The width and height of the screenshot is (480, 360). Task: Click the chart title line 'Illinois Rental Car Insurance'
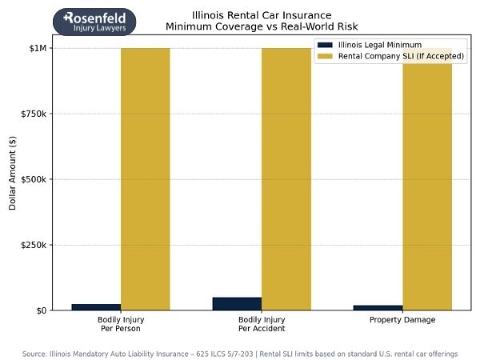(250, 15)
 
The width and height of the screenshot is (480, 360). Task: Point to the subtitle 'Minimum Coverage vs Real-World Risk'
(250, 26)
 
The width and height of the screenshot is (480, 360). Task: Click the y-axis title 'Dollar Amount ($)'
(13, 179)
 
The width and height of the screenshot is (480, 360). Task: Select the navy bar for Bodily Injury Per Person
(96, 306)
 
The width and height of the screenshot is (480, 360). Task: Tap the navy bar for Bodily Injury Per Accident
(237, 304)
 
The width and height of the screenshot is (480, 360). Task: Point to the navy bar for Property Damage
(378, 307)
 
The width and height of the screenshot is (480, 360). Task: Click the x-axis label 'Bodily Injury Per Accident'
(262, 324)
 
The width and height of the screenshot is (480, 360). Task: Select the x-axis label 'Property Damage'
(402, 320)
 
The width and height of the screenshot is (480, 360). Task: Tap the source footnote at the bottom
(240, 353)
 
